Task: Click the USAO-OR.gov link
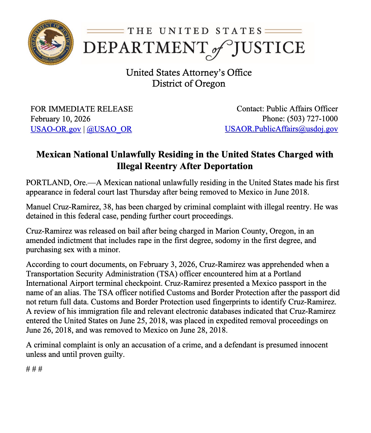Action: click(56, 129)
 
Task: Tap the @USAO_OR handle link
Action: click(109, 129)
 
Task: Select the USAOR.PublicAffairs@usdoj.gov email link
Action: click(281, 129)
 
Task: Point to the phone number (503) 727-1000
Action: click(312, 119)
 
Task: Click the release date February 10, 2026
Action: click(60, 119)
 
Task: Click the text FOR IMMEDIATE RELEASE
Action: click(82, 109)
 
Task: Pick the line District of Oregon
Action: click(189, 84)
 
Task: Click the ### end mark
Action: click(34, 369)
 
